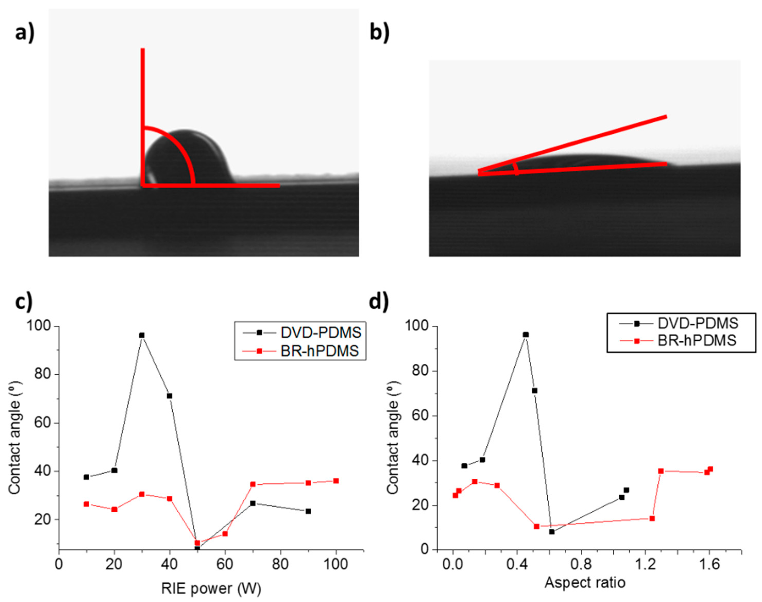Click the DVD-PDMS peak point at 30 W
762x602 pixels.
click(x=142, y=335)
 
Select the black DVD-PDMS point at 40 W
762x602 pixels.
click(x=169, y=396)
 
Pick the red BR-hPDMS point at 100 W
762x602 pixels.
click(x=336, y=481)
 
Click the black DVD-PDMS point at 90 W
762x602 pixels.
click(x=308, y=511)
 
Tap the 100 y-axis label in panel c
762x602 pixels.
click(x=39, y=326)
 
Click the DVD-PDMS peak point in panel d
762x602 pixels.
click(x=526, y=334)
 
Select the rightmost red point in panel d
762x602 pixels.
click(x=710, y=469)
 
